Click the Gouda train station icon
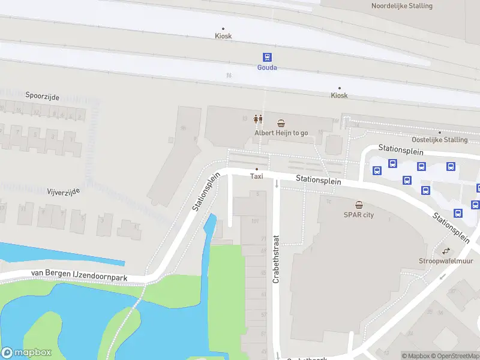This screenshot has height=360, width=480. pos(267,57)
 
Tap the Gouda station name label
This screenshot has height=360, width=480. pos(267,67)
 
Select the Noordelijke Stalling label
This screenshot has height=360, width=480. pos(401,6)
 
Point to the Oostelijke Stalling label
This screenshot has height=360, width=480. pos(439,140)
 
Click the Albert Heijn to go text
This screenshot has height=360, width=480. pos(281,133)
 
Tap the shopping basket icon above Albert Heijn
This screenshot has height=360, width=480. pos(281,122)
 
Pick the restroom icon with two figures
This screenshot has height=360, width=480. pos(259,119)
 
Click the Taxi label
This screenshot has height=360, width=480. pos(256,176)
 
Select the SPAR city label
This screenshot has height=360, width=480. pos(358,215)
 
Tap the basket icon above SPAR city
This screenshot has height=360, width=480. pos(359,205)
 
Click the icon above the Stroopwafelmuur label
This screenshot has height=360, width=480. pos(446,251)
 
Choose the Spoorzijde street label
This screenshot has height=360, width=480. pos(42,96)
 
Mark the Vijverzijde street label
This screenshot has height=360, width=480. pos(63,191)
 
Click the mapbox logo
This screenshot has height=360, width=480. pos(26,353)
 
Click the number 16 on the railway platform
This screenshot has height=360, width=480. pos(229,76)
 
